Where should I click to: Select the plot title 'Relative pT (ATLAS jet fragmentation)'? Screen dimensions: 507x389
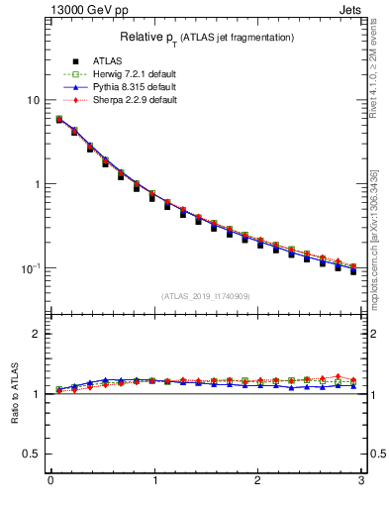[207, 38]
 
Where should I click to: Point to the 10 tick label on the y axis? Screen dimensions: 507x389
[34, 101]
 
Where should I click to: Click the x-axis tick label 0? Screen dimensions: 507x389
[49, 481]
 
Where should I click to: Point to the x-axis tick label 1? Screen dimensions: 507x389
[153, 481]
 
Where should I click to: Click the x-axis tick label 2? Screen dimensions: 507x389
[257, 481]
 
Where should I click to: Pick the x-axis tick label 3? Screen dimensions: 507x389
[361, 481]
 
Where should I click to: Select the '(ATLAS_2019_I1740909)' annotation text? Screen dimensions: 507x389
[207, 296]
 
